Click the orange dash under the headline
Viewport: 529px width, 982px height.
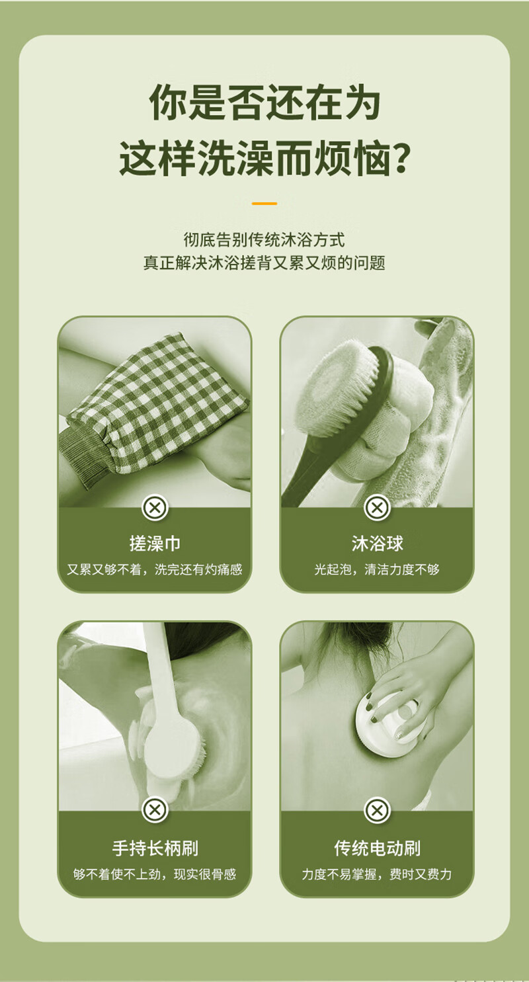(x=264, y=204)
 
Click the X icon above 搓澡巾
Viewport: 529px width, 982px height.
(x=155, y=508)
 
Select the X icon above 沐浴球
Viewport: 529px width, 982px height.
(x=377, y=508)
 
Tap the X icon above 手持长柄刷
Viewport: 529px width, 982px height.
(x=155, y=810)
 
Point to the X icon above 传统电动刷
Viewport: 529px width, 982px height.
(x=377, y=810)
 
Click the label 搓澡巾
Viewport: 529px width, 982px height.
(x=155, y=544)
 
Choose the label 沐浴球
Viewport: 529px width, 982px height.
(x=377, y=544)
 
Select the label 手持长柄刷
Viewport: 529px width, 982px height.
(x=155, y=848)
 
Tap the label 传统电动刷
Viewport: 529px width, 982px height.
(x=378, y=848)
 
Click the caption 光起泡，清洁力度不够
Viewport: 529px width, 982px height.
(x=377, y=569)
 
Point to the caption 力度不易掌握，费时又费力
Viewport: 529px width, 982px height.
(x=377, y=874)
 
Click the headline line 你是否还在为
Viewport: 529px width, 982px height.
(x=264, y=102)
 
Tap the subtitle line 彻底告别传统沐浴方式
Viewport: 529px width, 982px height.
(x=264, y=240)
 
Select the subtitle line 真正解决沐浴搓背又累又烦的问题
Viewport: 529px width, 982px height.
(x=264, y=263)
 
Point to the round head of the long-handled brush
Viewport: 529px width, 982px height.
(x=173, y=745)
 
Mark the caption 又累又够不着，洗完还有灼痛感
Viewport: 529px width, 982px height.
(x=155, y=569)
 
